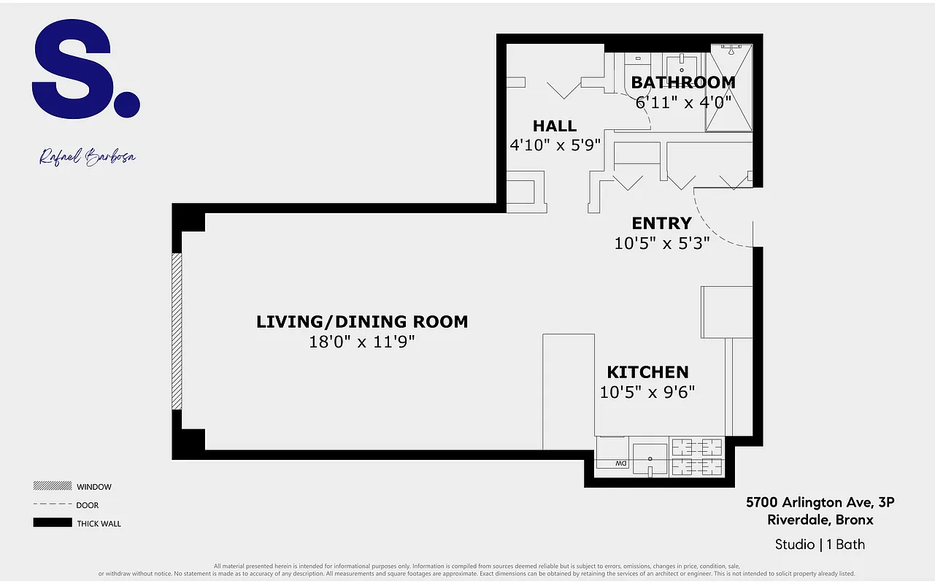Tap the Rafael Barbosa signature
88,157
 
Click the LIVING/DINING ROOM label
362,322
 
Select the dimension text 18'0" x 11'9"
362,342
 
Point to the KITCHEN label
647,372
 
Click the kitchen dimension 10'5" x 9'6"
647,392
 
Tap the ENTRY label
661,223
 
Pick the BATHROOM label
683,82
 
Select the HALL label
555,126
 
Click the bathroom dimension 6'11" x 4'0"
683,102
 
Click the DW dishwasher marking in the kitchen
620,464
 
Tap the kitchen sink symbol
650,458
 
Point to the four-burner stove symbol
696,458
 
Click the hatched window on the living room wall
176,331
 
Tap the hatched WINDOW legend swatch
52,486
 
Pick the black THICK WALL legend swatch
52,523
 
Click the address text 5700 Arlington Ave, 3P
820,502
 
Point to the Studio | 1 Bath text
820,545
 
